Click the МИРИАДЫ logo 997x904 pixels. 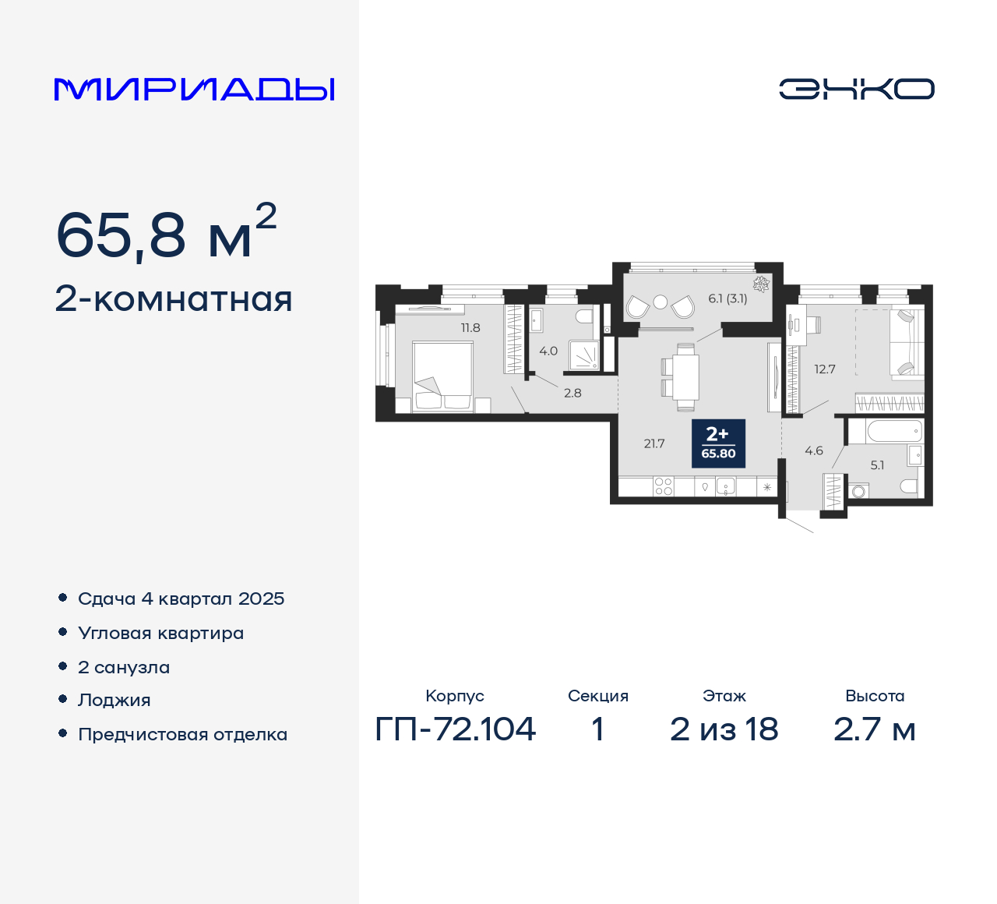[194, 89]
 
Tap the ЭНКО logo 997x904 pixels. [856, 89]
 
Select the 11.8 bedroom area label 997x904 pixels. [470, 328]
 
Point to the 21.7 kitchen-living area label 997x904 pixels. [654, 444]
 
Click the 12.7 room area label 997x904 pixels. [825, 369]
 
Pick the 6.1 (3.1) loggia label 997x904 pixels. [727, 298]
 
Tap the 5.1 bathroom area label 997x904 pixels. [877, 465]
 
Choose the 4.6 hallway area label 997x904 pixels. [814, 451]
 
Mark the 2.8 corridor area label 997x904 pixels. [572, 394]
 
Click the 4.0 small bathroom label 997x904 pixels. [548, 351]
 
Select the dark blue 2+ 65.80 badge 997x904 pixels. [718, 443]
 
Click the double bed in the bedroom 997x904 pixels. [442, 376]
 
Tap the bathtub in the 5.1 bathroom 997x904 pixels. [885, 431]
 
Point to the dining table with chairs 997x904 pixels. [685, 377]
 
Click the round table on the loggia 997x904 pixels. [661, 302]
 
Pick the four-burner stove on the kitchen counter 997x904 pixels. [664, 487]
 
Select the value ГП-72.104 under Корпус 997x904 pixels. [456, 729]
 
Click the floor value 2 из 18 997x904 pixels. [724, 729]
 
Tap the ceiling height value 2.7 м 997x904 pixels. [874, 729]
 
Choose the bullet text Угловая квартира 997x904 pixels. [161, 634]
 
